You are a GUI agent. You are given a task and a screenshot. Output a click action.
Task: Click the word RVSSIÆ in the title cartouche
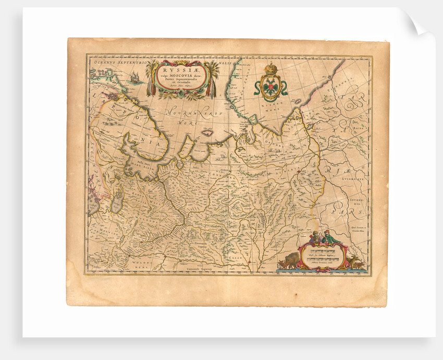click(181, 68)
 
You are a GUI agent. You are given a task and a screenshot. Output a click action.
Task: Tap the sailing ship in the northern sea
click(134, 78)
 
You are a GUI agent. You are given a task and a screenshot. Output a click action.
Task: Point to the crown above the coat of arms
click(270, 68)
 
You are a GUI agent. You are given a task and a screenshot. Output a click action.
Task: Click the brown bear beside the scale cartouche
click(289, 259)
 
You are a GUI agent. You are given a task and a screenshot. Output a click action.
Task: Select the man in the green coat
click(328, 237)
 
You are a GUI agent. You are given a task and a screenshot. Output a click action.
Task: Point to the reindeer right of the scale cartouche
click(356, 260)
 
